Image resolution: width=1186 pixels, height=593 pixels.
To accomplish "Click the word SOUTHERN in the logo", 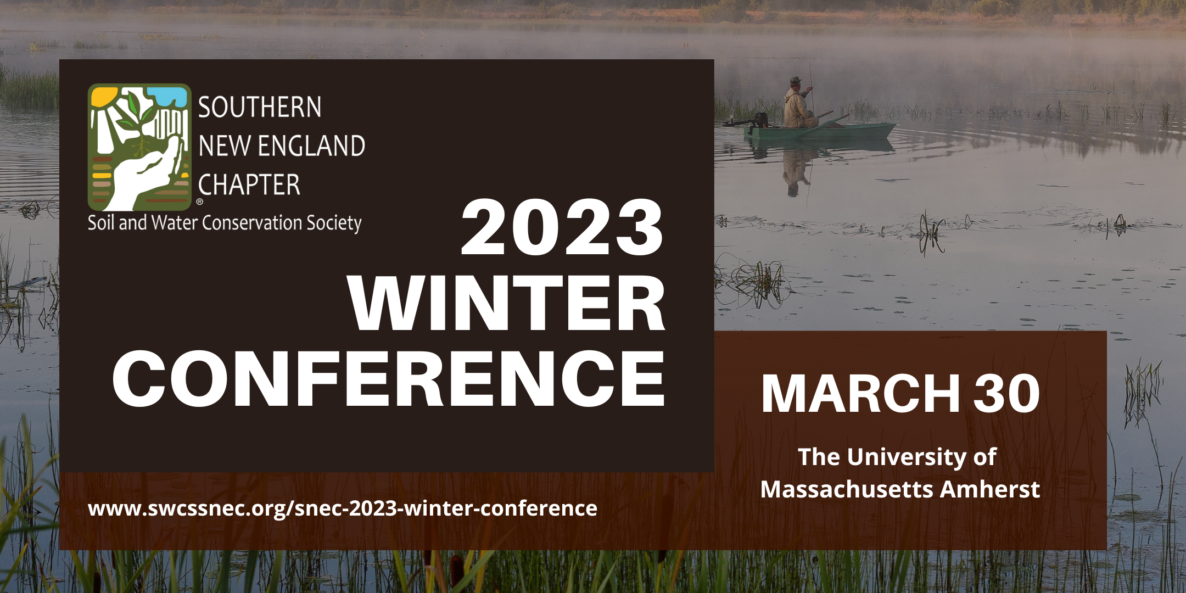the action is click(260, 107).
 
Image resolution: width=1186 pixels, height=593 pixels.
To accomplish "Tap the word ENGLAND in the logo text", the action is click(312, 146).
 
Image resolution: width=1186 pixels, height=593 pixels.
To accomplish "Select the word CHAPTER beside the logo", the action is click(249, 185).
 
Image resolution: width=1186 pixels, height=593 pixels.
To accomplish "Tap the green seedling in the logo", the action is click(136, 113).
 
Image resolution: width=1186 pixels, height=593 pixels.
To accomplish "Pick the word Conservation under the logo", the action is click(252, 222).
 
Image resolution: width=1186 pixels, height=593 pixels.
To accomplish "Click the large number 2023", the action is click(562, 228).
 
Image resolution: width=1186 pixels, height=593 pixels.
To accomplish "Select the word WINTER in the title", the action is click(507, 303).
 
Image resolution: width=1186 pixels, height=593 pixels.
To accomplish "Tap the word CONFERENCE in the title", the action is click(389, 379).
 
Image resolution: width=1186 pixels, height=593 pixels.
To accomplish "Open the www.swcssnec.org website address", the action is click(343, 508).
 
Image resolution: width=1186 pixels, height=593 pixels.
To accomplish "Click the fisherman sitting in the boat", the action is click(799, 104).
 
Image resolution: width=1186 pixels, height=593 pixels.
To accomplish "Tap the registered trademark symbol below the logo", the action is click(200, 202).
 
